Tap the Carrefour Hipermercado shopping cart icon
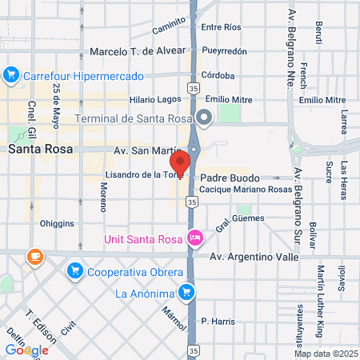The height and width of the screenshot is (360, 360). point(11,76)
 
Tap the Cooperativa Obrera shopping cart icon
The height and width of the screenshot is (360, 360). point(75,270)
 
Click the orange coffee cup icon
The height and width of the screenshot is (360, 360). point(34,257)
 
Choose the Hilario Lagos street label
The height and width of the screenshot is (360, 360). point(155,100)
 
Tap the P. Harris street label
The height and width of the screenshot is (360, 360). point(218,322)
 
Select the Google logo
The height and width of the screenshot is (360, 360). point(26,350)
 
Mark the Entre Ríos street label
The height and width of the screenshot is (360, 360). point(222,27)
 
